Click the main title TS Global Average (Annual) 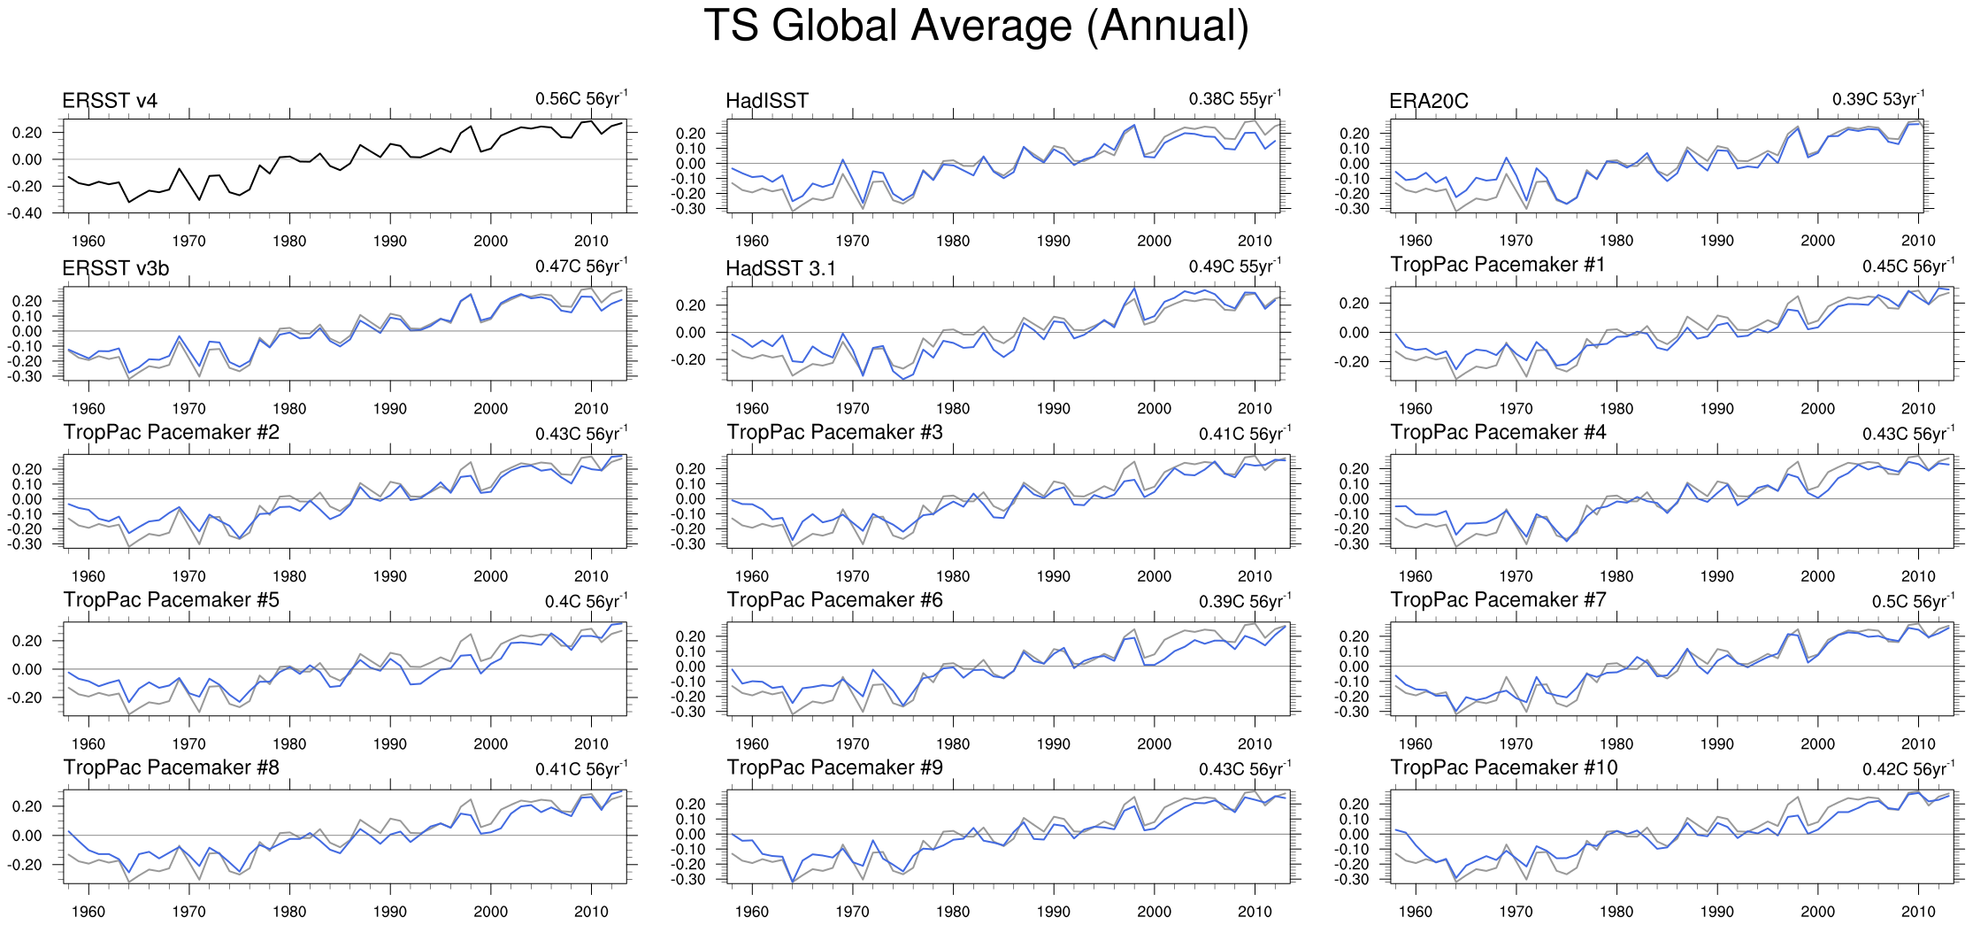pos(976,26)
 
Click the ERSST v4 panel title pos(110,101)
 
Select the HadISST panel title pos(766,101)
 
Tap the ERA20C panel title pos(1428,101)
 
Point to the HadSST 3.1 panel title pos(780,268)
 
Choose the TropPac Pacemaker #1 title pos(1497,265)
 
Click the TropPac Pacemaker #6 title pos(834,600)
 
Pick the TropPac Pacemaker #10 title pos(1503,767)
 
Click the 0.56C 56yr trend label pos(580,99)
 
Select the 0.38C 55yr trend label pos(1233,99)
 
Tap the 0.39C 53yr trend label pos(1877,99)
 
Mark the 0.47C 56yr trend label pos(580,266)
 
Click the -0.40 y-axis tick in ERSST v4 pos(27,213)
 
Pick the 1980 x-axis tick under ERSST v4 pos(289,241)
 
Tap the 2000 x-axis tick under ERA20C pos(1817,241)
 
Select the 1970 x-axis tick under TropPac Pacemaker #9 pos(852,912)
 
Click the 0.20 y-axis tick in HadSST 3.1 pos(692,305)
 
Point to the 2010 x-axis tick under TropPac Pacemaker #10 pos(1918,912)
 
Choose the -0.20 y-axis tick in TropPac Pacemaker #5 pos(27,698)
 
